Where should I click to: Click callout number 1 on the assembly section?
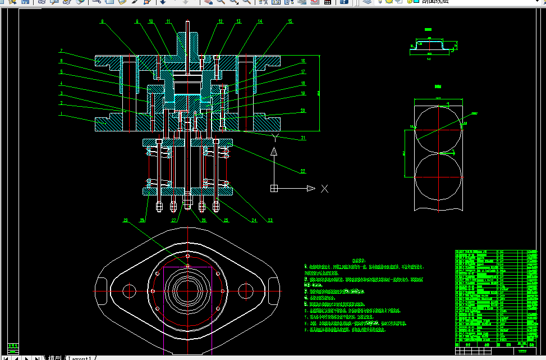click(61, 116)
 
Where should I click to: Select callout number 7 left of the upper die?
click(61, 51)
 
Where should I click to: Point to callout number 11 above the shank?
click(168, 21)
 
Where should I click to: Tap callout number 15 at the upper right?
click(290, 21)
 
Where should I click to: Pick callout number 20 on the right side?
click(302, 111)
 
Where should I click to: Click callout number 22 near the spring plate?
click(302, 171)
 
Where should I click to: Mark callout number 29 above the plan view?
click(126, 220)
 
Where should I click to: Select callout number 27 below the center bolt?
click(174, 220)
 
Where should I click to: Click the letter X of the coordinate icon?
click(324, 188)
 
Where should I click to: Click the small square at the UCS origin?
click(274, 188)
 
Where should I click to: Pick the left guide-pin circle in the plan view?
click(129, 291)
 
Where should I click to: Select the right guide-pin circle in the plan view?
click(246, 291)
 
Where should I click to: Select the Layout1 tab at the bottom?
click(80, 357)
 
